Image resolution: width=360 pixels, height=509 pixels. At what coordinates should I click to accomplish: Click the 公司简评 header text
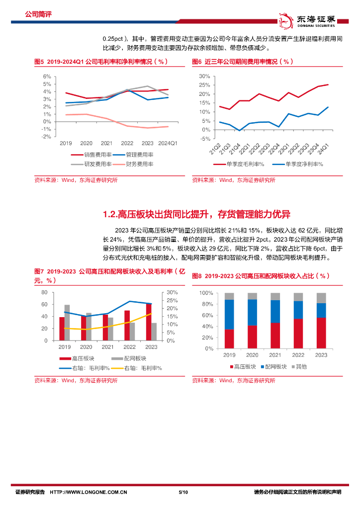pyautogui.click(x=38, y=14)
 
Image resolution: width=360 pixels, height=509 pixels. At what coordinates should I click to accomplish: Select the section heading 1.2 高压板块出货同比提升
pyautogui.click(x=196, y=215)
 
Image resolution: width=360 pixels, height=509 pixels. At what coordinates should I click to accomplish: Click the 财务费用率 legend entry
pyautogui.click(x=134, y=164)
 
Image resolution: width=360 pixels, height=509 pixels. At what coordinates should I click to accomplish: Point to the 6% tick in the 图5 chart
pyautogui.click(x=47, y=77)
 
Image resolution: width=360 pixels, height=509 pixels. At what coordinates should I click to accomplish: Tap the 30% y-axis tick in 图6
pyautogui.click(x=204, y=76)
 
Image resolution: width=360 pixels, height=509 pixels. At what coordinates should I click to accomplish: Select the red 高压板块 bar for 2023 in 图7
pyautogui.click(x=148, y=322)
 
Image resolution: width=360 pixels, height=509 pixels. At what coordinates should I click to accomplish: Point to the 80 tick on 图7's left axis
pyautogui.click(x=44, y=292)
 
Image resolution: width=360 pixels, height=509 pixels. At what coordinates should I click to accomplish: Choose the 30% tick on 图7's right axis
pyautogui.click(x=172, y=292)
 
